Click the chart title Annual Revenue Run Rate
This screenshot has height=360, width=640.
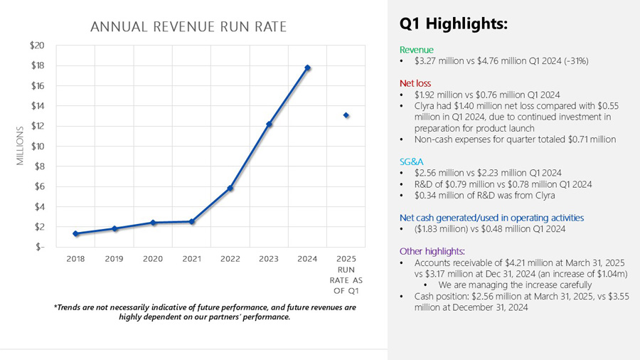[x=188, y=27]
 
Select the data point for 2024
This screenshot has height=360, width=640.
[x=308, y=68]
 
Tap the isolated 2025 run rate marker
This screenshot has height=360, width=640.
[x=346, y=115]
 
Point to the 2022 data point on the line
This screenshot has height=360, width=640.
[x=230, y=188]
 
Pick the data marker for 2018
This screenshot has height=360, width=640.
[x=75, y=234]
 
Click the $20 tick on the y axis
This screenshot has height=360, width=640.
[x=37, y=46]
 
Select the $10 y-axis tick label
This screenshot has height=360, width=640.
[x=37, y=146]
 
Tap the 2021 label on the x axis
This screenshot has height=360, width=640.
[x=191, y=259]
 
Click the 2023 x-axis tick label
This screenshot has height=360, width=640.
[x=269, y=259]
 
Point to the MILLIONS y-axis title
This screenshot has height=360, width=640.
[x=20, y=146]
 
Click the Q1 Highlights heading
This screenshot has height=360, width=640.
[x=454, y=24]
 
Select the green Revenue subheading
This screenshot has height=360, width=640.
[x=416, y=50]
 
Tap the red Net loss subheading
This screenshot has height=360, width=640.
[x=415, y=83]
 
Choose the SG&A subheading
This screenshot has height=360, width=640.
[x=412, y=162]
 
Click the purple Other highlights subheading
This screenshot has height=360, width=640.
[x=432, y=251]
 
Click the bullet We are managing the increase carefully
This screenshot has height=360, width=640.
[x=515, y=285]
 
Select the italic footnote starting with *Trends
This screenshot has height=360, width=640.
[x=205, y=312]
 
